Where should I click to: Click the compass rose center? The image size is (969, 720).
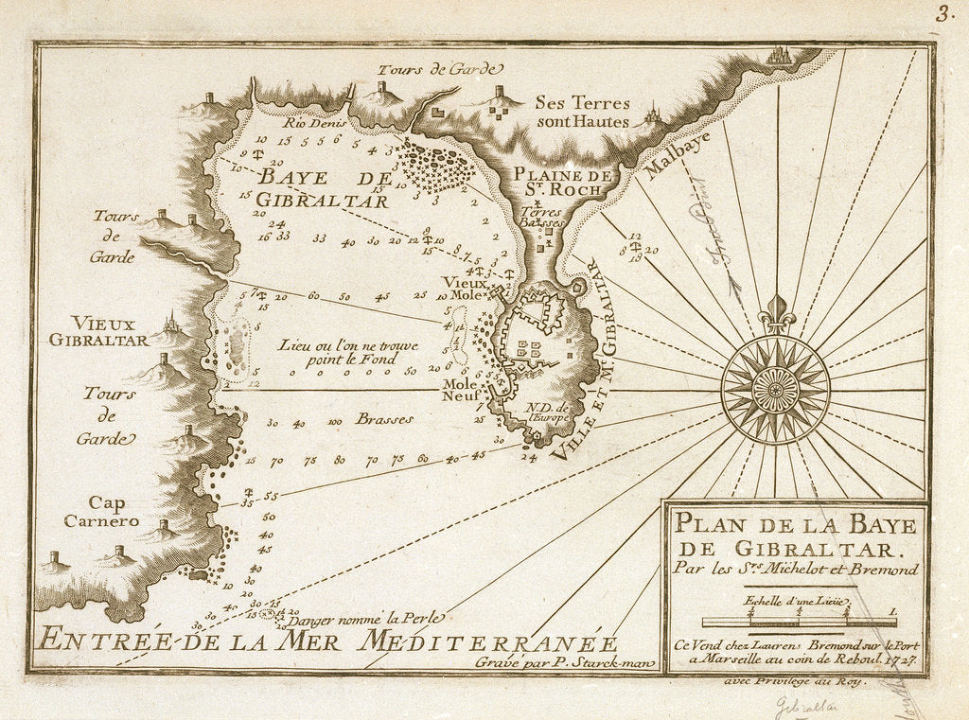775,390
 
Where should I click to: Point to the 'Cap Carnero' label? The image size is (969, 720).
101,511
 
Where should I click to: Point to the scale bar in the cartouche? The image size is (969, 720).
800,622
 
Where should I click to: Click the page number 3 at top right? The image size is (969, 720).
943,14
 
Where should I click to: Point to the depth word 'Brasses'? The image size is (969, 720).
384,419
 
